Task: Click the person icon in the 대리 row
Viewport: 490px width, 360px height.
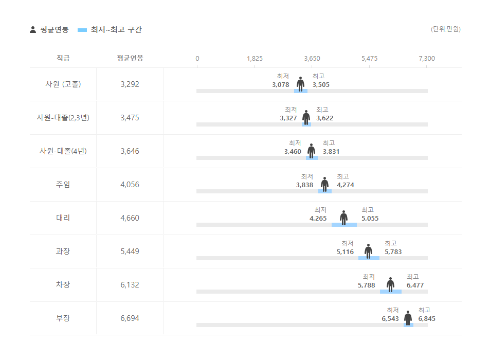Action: click(343, 217)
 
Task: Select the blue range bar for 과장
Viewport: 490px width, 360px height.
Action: click(369, 258)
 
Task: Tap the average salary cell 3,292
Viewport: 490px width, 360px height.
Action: click(130, 84)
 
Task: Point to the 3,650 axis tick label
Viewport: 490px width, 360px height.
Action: click(312, 59)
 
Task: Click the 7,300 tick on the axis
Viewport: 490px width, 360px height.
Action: click(427, 59)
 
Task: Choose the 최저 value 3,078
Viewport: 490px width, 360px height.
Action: click(281, 85)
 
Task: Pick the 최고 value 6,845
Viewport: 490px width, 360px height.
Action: click(427, 319)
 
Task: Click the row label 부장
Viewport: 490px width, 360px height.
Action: click(63, 318)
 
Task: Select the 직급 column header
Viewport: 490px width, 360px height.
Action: click(63, 58)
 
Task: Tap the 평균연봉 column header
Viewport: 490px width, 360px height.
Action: click(130, 58)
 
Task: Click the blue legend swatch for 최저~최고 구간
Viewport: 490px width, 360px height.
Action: click(82, 30)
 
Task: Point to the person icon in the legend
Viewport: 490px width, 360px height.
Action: click(33, 30)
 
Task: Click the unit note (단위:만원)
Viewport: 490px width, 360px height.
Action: click(445, 29)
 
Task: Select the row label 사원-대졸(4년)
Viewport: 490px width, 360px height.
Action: click(63, 151)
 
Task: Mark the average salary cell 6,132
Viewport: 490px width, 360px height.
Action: click(130, 285)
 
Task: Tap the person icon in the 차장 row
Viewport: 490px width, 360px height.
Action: click(390, 284)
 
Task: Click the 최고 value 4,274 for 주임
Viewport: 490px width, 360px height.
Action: click(346, 185)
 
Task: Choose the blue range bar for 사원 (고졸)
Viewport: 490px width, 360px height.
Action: click(301, 91)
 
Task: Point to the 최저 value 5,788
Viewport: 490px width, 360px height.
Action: click(367, 285)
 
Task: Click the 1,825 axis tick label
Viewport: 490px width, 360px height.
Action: click(255, 59)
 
